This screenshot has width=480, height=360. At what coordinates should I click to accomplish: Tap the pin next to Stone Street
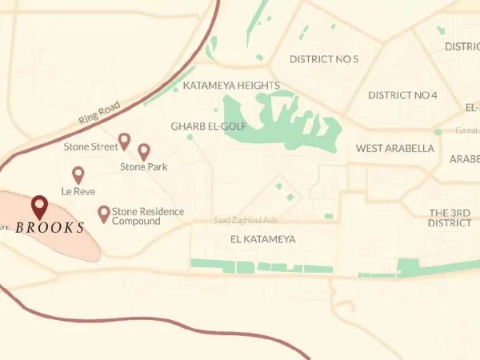click(124, 142)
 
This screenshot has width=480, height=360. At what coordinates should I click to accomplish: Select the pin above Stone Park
click(144, 151)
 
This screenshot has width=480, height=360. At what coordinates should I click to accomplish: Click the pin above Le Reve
click(78, 174)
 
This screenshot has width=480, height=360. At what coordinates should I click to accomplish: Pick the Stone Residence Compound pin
click(103, 214)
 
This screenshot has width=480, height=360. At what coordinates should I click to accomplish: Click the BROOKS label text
click(50, 228)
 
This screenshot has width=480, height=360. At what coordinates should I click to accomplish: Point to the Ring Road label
click(98, 110)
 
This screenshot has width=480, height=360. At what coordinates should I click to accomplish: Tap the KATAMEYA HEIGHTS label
click(231, 86)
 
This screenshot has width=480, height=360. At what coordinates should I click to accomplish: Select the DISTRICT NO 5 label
click(324, 59)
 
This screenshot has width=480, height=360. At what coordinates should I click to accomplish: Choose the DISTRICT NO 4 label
click(402, 95)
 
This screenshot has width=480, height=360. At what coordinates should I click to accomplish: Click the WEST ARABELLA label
click(395, 148)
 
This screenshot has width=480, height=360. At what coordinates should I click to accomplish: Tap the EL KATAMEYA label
click(262, 239)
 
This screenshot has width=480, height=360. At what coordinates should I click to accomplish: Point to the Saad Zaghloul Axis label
click(245, 220)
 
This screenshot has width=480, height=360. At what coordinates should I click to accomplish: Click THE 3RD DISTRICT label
click(450, 218)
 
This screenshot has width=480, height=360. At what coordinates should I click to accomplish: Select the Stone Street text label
click(90, 146)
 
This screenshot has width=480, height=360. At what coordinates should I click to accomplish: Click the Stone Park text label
click(144, 167)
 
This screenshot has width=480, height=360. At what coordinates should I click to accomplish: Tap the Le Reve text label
click(78, 191)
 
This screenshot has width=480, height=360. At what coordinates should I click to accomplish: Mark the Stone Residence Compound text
click(148, 216)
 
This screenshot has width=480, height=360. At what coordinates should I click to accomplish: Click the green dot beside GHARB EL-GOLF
click(190, 137)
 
